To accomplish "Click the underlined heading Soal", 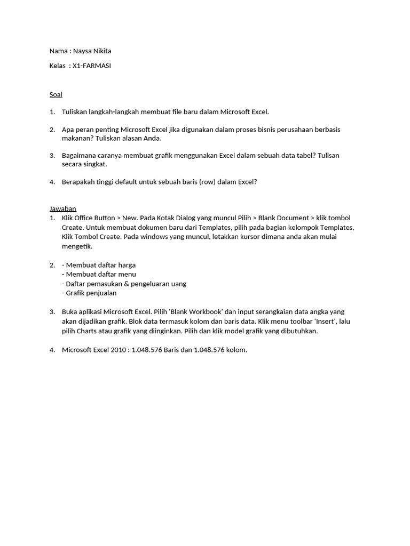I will click(x=56, y=94).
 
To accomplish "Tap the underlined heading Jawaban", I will click(x=62, y=208).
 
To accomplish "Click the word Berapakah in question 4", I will click(x=78, y=182).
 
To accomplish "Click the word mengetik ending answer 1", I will click(x=77, y=246).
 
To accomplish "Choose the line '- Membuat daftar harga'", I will click(x=99, y=265).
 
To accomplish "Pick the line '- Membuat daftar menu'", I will click(x=99, y=274).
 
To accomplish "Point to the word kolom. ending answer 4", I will click(x=235, y=350).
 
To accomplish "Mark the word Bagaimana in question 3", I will click(x=79, y=155).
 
